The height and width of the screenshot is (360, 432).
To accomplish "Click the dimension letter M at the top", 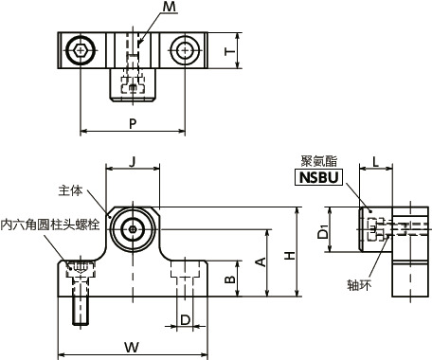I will [x=169, y=9].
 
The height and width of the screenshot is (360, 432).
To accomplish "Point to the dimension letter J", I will [x=131, y=163].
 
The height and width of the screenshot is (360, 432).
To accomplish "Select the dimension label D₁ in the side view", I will [x=321, y=230].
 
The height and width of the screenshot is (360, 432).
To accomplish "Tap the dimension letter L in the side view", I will [x=377, y=163].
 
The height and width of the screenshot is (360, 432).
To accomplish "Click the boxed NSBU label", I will [x=324, y=177].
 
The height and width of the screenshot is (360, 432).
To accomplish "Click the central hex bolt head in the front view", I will [x=132, y=228].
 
